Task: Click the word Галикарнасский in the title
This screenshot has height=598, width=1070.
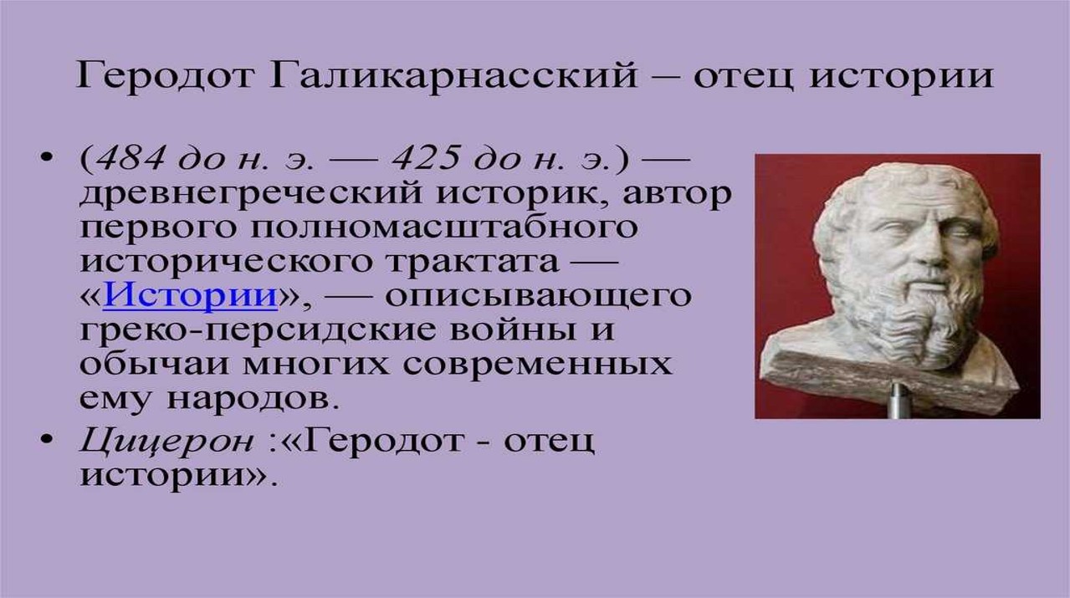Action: tap(453, 76)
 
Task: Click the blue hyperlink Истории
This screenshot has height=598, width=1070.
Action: tap(190, 295)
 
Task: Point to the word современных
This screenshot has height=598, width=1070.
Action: tap(537, 365)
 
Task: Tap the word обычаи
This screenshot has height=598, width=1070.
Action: tap(156, 363)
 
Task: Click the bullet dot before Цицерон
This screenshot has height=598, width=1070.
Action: tap(45, 440)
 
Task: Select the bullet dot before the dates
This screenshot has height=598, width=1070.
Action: tap(45, 157)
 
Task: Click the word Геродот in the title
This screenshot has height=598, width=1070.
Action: tap(164, 76)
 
